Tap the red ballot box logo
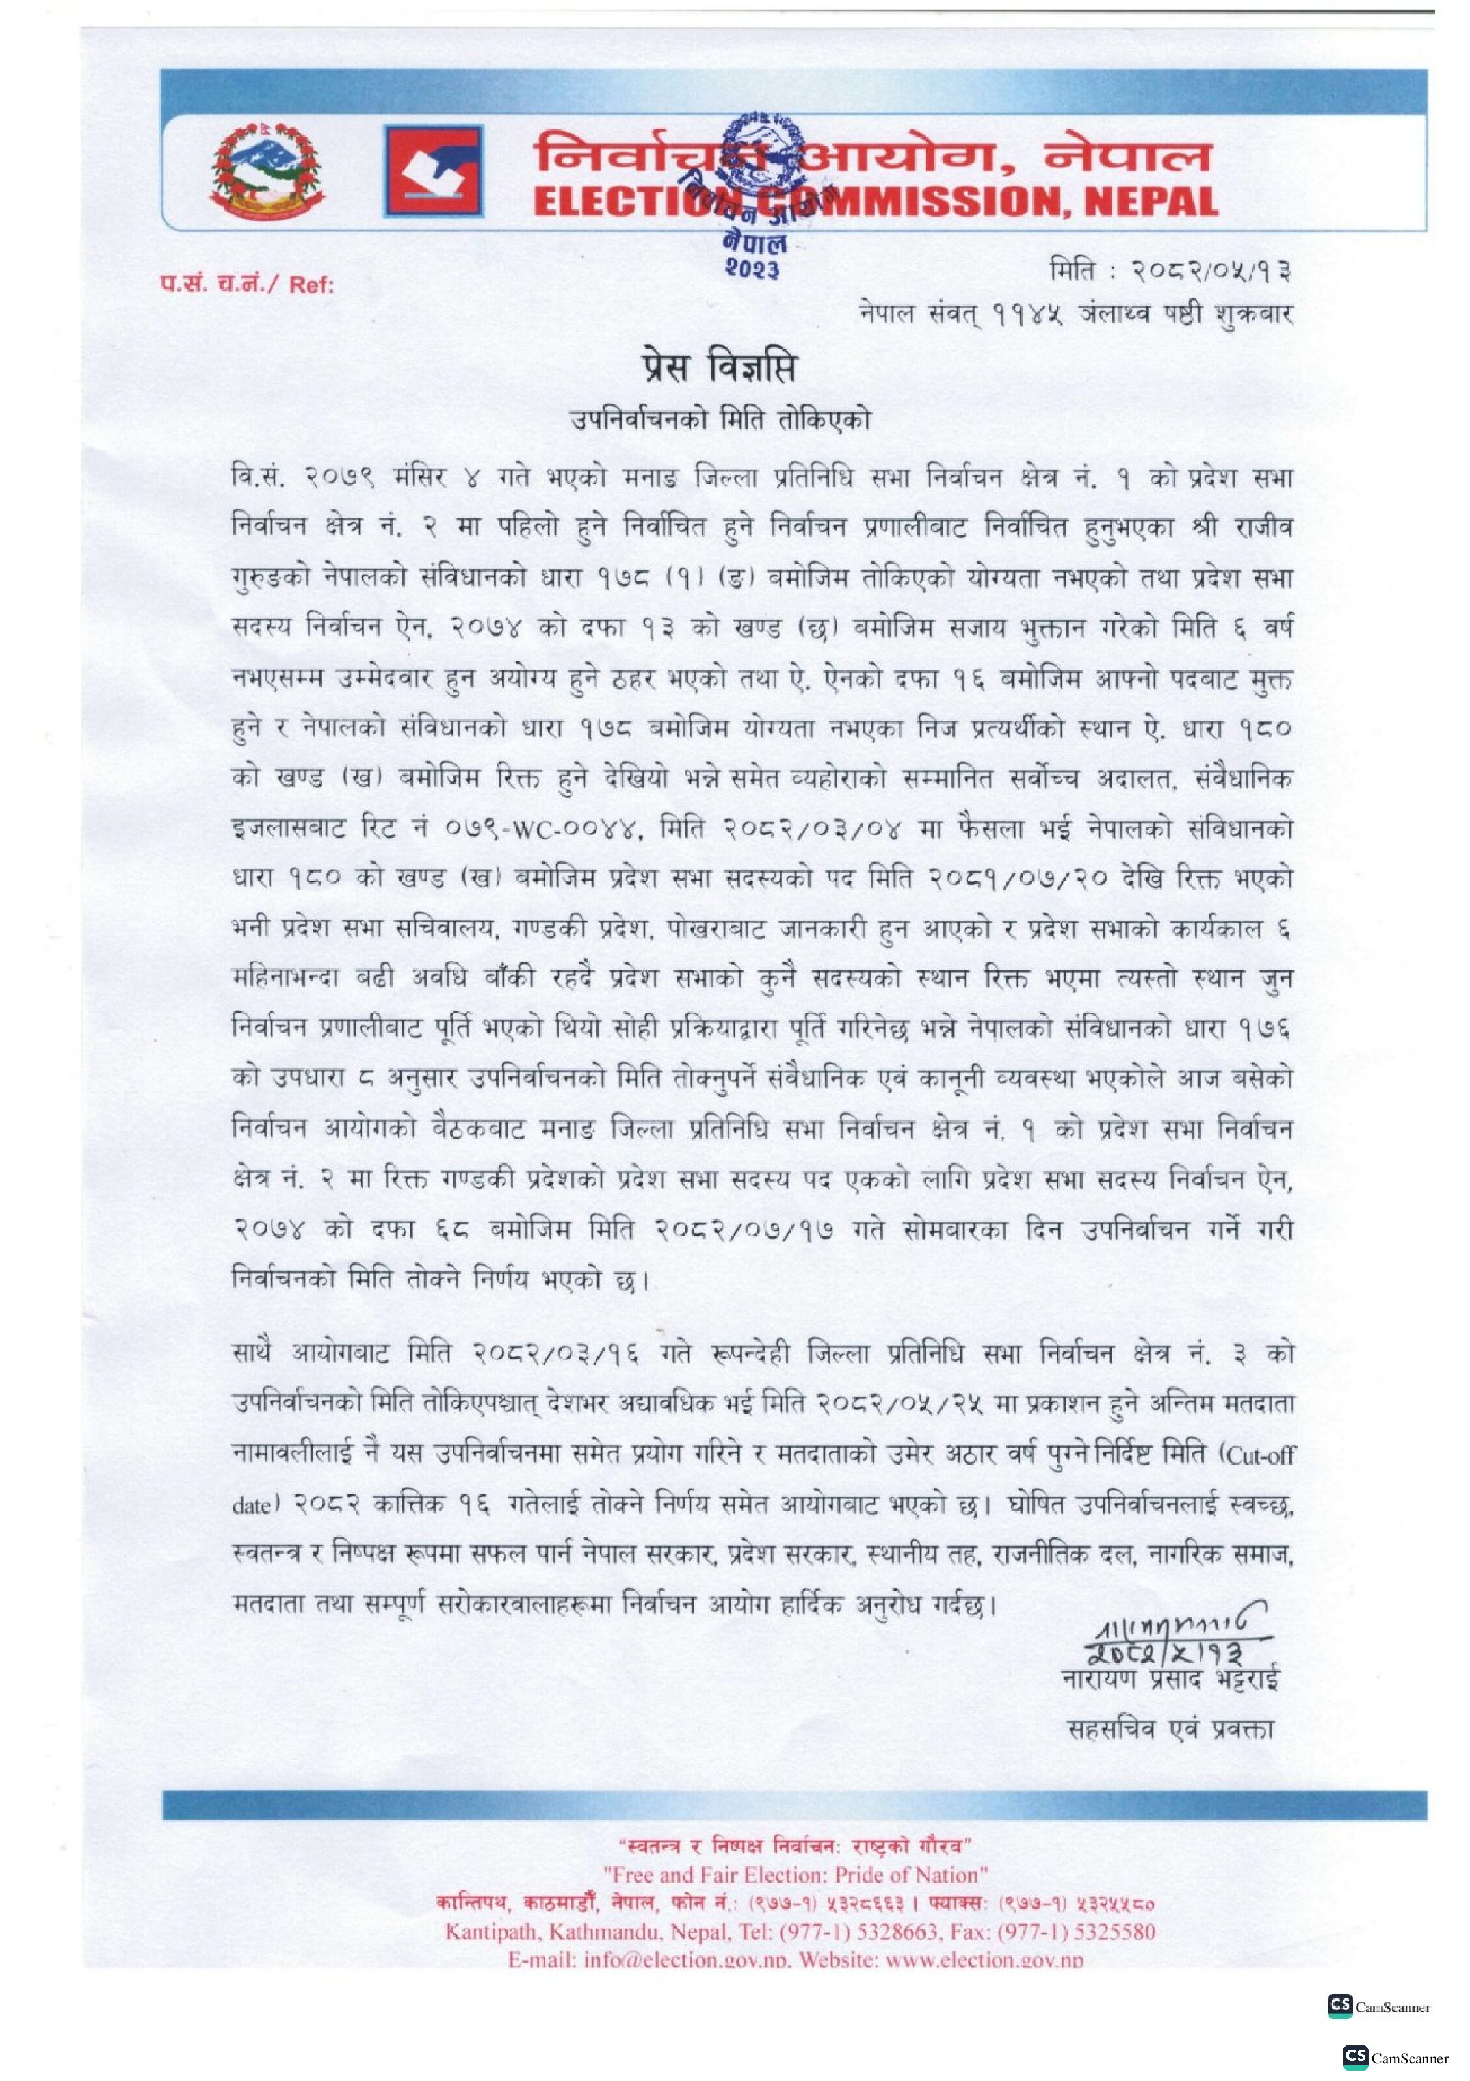pos(433,171)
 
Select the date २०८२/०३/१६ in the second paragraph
pos(555,1354)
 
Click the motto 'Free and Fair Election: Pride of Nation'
pos(795,1874)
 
